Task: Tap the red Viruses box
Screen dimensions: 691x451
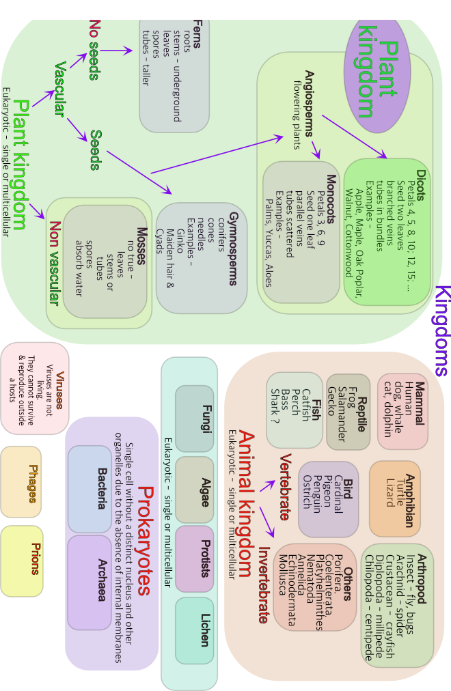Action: [35, 388]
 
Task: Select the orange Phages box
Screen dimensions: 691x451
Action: [21, 481]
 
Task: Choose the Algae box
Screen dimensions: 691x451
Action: [195, 489]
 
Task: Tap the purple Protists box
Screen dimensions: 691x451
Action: [195, 559]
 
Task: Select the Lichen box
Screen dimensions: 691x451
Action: [195, 630]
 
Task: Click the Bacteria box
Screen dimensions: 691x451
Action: [90, 489]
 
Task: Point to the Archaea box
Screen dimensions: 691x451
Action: [90, 582]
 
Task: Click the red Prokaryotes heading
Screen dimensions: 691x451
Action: [144, 541]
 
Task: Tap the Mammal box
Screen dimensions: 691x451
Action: [403, 411]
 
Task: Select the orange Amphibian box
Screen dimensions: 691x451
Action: [395, 498]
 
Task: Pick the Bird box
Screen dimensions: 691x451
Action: [329, 499]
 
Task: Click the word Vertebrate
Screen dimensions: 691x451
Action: [285, 486]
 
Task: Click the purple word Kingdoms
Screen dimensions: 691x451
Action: [441, 330]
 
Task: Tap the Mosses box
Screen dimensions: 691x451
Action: [105, 261]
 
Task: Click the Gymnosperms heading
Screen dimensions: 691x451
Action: [233, 249]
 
